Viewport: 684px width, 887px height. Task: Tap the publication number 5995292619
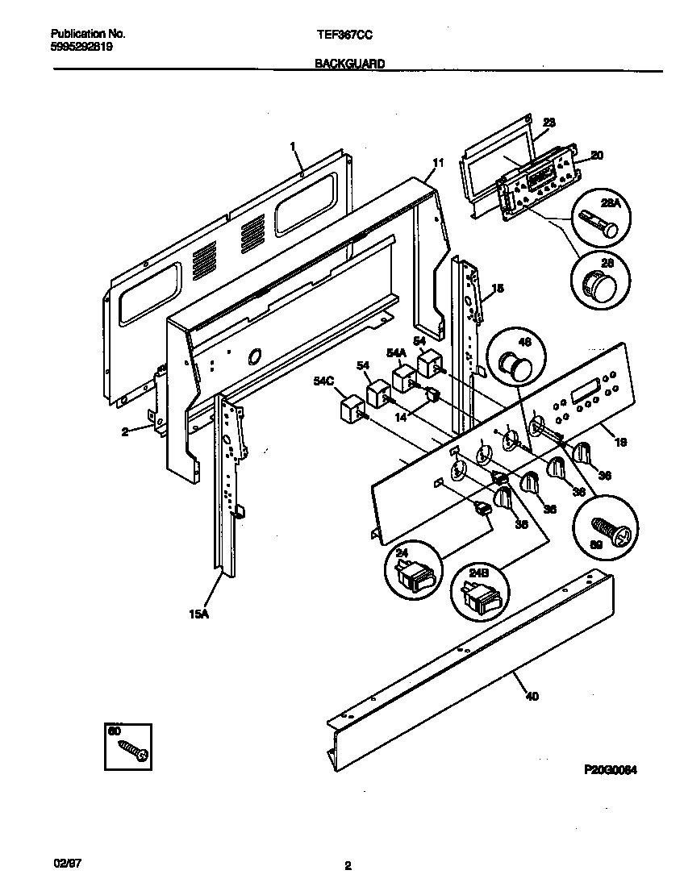click(81, 47)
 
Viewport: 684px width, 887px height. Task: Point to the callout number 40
click(532, 696)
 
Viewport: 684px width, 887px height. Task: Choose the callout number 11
click(437, 163)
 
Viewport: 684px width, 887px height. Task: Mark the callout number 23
click(548, 123)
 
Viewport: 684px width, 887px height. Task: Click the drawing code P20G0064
click(611, 771)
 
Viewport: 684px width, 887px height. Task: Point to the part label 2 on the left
click(125, 431)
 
